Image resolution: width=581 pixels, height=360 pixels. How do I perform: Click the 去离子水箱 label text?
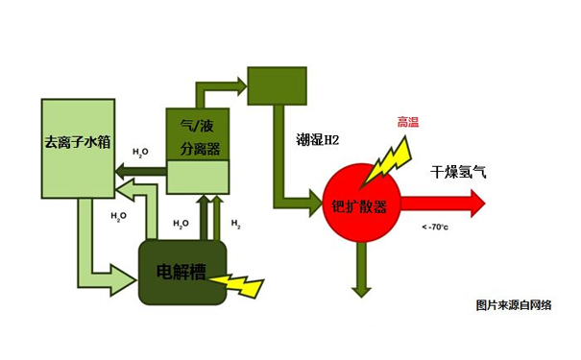[x=78, y=142]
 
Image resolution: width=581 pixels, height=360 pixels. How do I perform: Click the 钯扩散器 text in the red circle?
[x=359, y=207]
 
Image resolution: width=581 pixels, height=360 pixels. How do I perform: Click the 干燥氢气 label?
[x=458, y=173]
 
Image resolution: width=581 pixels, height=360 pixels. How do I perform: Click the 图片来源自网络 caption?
[x=514, y=305]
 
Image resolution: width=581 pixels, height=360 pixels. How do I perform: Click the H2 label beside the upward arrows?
[x=235, y=224]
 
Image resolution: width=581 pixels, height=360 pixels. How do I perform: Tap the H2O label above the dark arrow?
[x=140, y=152]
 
